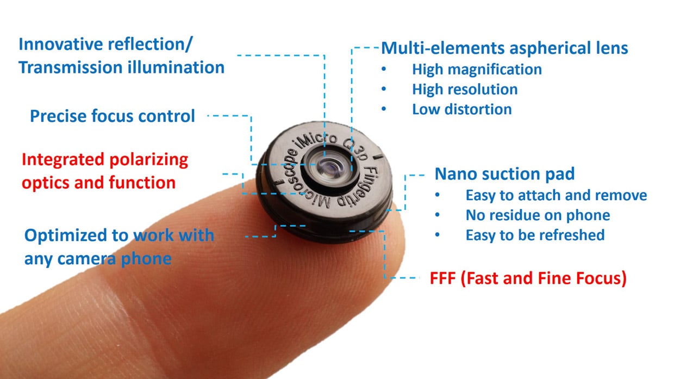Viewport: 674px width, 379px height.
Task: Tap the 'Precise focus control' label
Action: pos(113,116)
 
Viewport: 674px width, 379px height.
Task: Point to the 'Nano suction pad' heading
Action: pos(504,174)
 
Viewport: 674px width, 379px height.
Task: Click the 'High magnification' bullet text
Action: pos(477,70)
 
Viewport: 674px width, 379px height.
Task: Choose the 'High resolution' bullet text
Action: pos(465,89)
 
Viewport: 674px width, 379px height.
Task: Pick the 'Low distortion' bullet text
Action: pos(461,109)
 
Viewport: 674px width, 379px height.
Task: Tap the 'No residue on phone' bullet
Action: pos(538,215)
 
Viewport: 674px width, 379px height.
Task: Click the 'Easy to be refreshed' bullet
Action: pos(535,235)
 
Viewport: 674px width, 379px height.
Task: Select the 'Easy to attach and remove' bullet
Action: pos(556,195)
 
